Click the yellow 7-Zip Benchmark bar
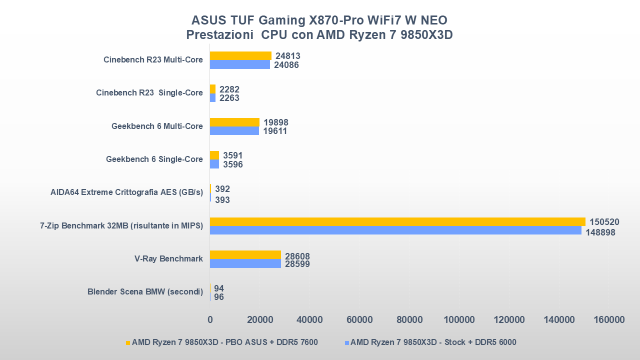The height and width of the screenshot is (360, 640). point(397,221)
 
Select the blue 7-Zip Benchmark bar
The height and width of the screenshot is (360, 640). point(395,230)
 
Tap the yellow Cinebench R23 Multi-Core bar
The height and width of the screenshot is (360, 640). point(240,55)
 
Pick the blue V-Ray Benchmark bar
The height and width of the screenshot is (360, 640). point(245,263)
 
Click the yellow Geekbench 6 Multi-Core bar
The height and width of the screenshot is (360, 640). point(234,122)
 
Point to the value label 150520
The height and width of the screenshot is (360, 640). point(604,222)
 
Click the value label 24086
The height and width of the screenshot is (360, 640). point(286,65)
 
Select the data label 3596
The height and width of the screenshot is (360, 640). point(232,164)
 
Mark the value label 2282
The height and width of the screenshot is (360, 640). point(229,89)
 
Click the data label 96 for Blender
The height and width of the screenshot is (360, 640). point(219,297)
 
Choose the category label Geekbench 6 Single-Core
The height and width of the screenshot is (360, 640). point(154,159)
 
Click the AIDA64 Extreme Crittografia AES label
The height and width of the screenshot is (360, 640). point(126,192)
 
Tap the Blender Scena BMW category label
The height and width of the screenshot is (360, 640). point(145,291)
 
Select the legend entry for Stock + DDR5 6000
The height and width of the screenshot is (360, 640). point(433,342)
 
